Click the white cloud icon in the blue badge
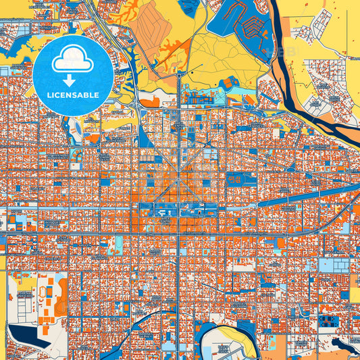pyautogui.click(x=73, y=59)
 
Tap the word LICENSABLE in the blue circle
pyautogui.click(x=73, y=95)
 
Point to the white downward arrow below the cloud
pyautogui.click(x=73, y=80)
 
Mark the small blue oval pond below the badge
pyautogui.click(x=73, y=127)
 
